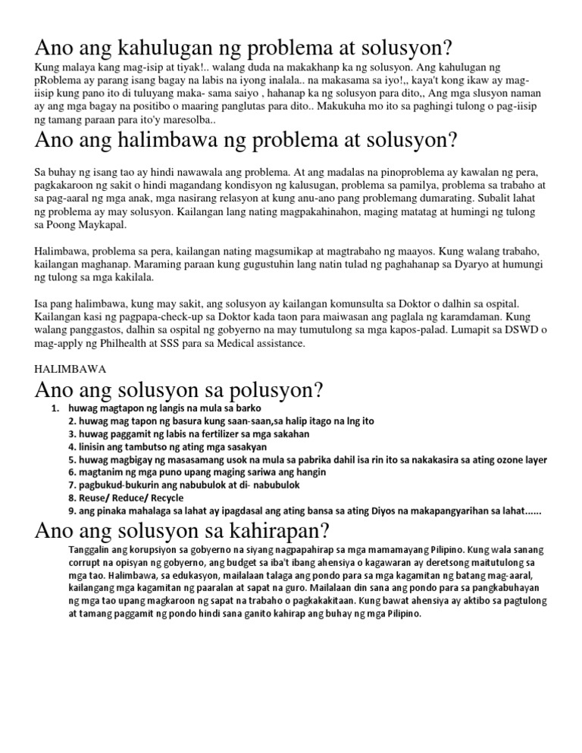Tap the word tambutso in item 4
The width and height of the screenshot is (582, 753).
pos(124,447)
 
